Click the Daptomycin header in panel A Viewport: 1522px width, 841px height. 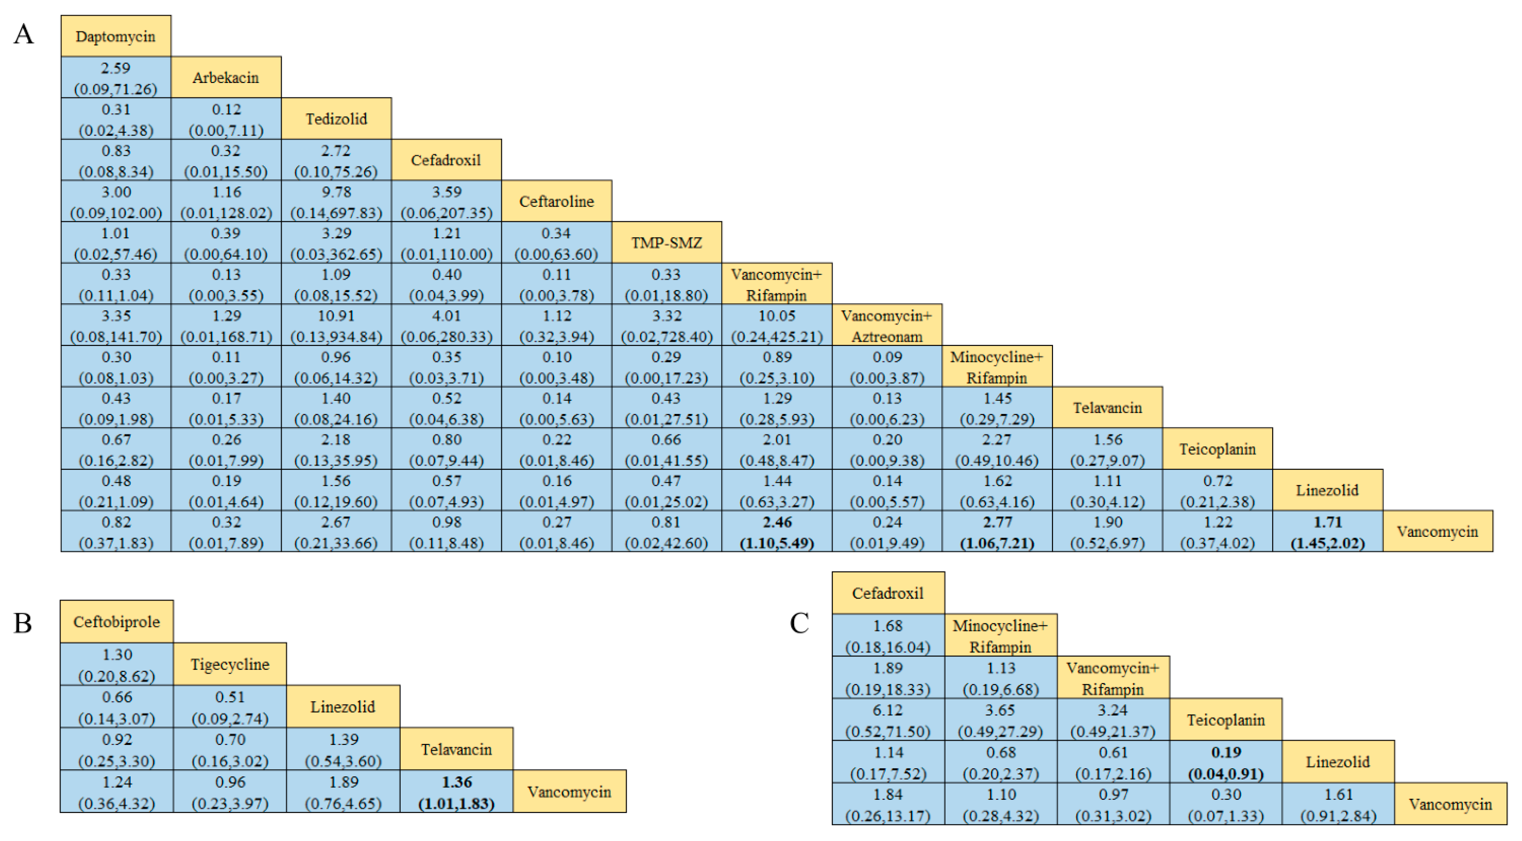click(x=116, y=37)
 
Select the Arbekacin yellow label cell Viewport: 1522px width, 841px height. click(x=226, y=77)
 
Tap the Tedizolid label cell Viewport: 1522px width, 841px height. click(x=336, y=119)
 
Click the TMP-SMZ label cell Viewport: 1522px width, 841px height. click(x=666, y=242)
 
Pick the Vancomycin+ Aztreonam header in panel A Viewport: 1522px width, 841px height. click(x=887, y=325)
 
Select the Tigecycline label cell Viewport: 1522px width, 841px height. click(x=230, y=664)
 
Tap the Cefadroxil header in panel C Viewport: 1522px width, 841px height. click(x=888, y=593)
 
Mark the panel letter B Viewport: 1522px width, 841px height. click(x=23, y=623)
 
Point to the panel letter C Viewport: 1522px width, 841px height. click(x=799, y=623)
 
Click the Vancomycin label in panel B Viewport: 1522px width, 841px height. click(x=569, y=791)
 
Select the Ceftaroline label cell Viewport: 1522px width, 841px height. click(x=557, y=202)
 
